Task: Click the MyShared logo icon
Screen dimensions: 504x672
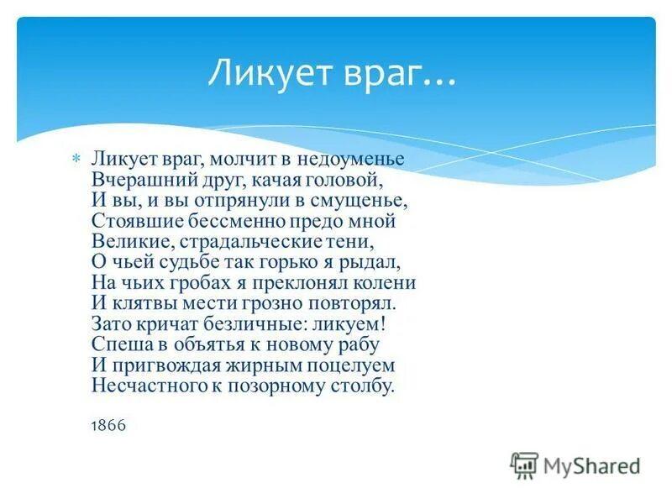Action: tap(524, 465)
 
